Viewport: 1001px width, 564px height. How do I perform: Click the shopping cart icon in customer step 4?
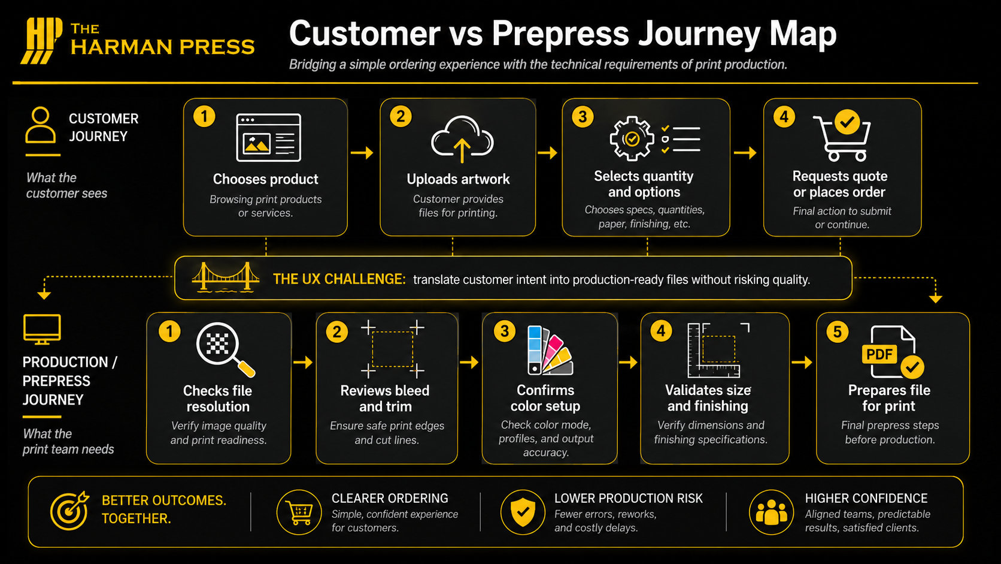point(842,136)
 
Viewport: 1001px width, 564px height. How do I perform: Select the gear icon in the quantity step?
point(632,138)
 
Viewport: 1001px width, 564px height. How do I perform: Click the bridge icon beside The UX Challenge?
point(225,278)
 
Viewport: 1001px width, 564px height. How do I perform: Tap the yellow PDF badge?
point(879,354)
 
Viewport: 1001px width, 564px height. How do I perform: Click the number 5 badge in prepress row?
point(837,332)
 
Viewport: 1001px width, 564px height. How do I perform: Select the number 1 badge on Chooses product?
point(204,116)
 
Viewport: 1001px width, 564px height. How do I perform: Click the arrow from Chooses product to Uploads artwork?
point(362,153)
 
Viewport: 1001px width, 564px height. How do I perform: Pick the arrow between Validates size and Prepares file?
point(802,362)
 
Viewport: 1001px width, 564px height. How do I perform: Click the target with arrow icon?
point(69,511)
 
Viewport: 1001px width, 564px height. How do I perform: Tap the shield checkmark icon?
point(523,512)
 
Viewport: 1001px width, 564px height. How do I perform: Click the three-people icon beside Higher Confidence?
point(771,512)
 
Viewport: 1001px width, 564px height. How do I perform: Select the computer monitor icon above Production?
point(42,329)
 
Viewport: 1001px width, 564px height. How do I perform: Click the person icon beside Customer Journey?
point(41,125)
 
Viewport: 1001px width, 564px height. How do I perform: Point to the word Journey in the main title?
point(699,34)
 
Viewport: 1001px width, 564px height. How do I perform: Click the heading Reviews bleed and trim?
point(385,398)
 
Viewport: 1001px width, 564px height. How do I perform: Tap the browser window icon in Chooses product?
point(268,137)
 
